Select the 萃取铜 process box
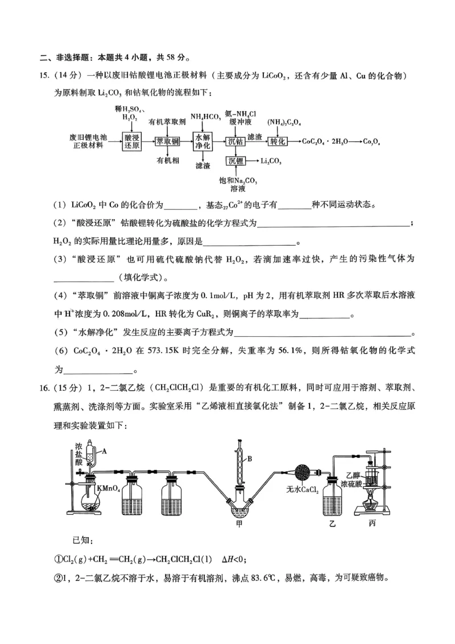(168, 141)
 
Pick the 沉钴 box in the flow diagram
(236, 141)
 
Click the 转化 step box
(277, 141)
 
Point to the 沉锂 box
(236, 161)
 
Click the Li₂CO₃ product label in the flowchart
(272, 161)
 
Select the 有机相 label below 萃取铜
(168, 161)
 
